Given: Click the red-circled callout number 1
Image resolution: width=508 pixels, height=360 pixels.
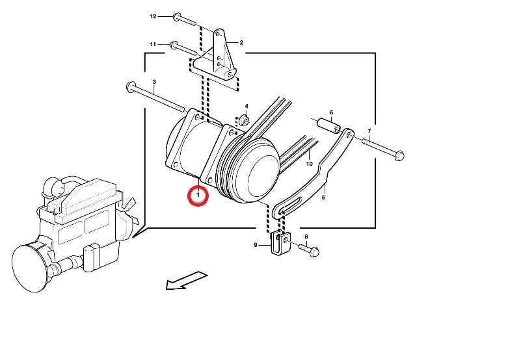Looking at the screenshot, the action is pos(198,195).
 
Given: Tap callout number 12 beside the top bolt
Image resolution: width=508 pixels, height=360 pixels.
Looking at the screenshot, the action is pos(153,16).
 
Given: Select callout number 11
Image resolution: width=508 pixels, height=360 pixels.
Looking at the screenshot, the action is pos(153,44).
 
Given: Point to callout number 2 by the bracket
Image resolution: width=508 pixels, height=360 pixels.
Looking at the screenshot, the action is pos(241,42).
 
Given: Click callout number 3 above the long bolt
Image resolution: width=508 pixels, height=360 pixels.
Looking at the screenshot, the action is pos(154,82).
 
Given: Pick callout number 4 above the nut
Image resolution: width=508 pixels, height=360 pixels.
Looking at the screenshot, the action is pos(247,106).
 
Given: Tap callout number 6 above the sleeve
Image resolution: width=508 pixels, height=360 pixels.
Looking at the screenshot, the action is pos(332,112).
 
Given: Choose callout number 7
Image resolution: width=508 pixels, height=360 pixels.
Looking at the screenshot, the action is pos(369,131).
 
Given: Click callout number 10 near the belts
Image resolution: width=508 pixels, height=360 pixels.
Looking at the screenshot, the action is pos(310,164).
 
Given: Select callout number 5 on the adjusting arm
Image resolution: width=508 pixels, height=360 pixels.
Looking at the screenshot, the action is pos(323,197).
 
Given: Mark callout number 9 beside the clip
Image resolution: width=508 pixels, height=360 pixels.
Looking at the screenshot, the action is pos(256,245).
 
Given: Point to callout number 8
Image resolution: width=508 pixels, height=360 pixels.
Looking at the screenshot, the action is pos(306,237).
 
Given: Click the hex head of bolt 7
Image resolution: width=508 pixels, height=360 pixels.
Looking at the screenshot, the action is pos(400,156).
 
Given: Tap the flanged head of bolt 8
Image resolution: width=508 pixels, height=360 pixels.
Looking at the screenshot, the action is pos(314,251).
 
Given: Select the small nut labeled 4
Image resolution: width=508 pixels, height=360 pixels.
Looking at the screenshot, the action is pos(244,120).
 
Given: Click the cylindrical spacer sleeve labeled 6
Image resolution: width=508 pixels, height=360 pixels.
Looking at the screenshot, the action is pos(328,125).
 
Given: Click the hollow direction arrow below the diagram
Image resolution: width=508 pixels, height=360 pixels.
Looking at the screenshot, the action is pos(186,281).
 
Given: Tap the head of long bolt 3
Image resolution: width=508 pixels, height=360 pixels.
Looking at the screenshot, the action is pos(130,86).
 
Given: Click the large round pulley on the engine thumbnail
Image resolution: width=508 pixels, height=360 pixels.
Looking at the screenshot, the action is pos(30,268).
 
